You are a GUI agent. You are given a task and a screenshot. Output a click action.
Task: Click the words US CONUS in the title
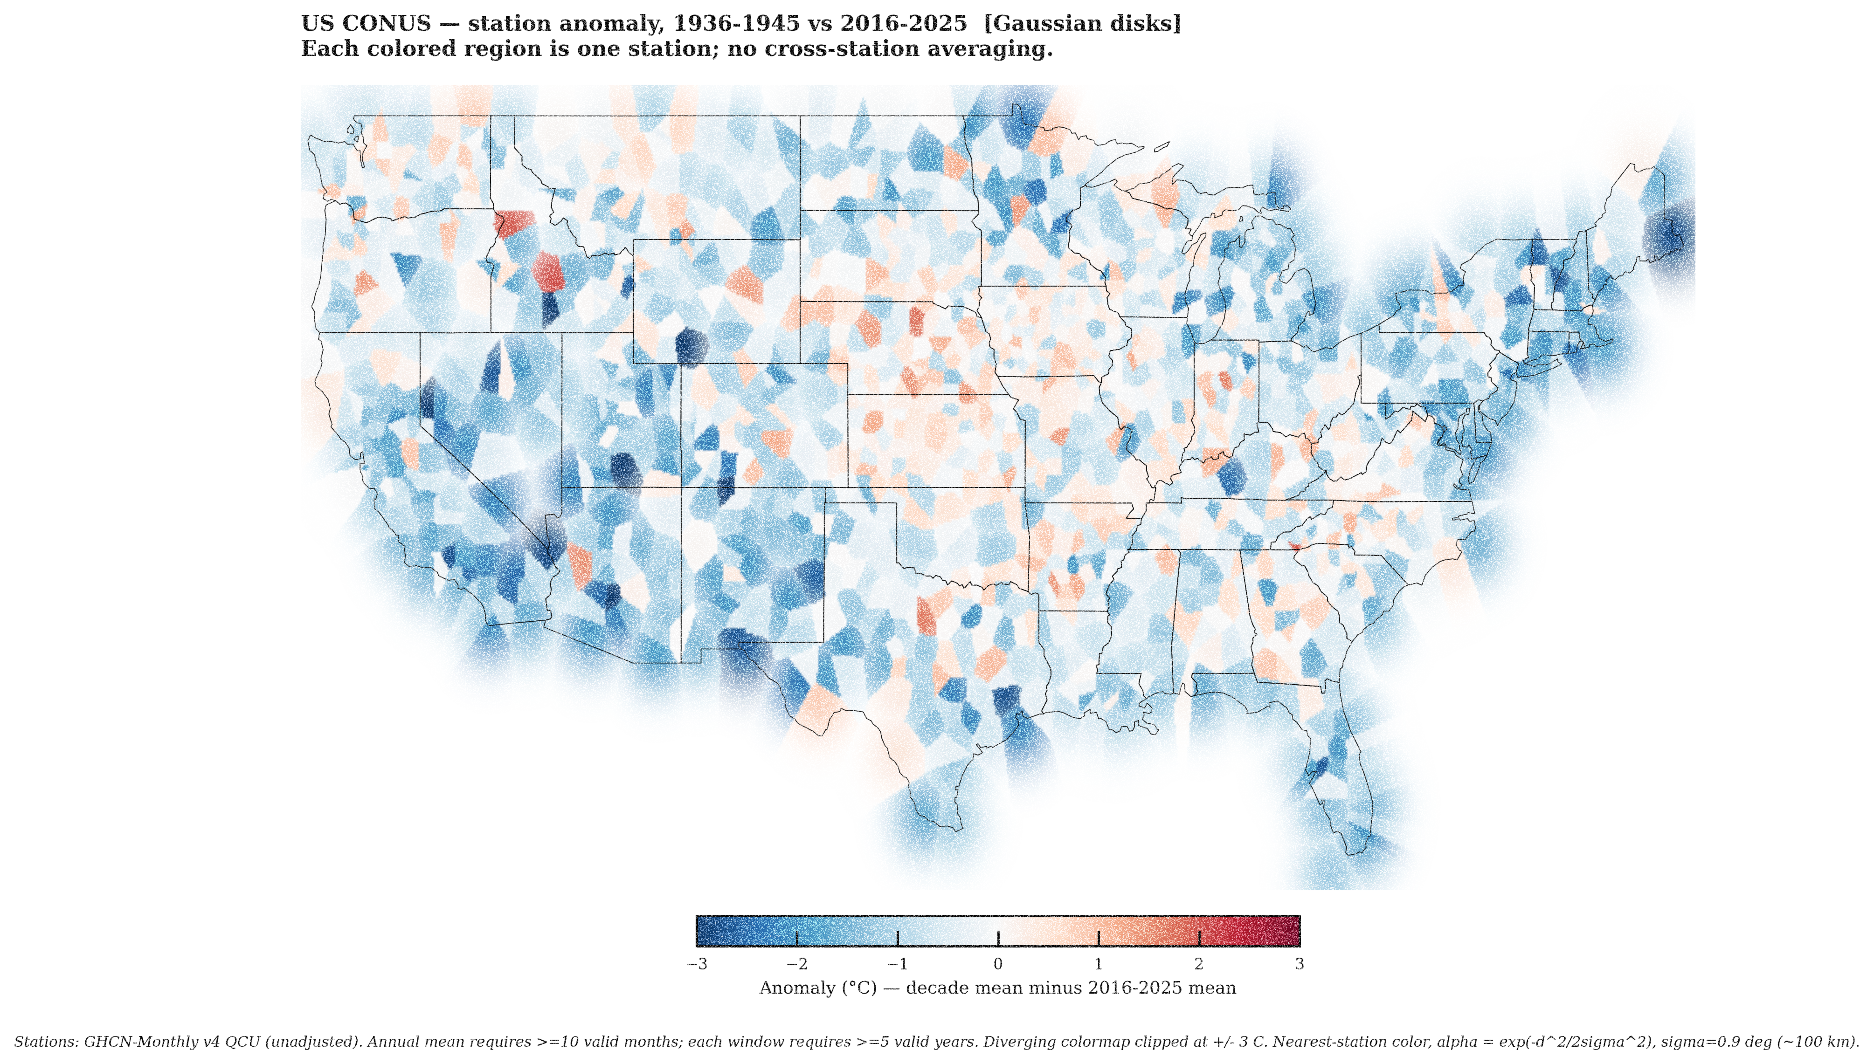[x=366, y=23]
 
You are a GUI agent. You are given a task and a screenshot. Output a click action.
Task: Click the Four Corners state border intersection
[x=681, y=487]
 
